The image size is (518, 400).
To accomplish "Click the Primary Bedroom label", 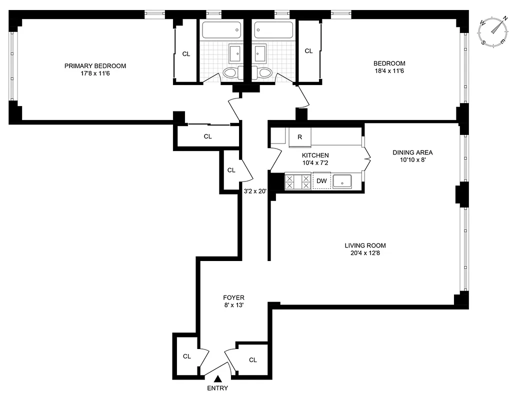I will (95, 66).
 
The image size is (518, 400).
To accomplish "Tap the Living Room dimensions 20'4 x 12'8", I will (365, 253).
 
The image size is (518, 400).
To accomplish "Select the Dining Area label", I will (412, 152).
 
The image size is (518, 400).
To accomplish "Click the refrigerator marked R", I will (299, 137).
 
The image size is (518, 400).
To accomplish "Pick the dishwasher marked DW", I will (321, 181).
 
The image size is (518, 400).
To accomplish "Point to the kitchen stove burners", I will (297, 181).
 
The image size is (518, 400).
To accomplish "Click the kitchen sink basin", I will (342, 181).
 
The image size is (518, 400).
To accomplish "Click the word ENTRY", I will (217, 388).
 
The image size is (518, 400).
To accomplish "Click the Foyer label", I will (234, 297).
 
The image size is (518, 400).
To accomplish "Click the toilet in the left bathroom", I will (229, 73).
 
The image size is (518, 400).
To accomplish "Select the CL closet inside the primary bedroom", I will (186, 54).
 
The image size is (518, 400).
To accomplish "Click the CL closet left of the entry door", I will (186, 356).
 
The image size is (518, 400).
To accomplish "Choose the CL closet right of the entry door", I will (252, 360).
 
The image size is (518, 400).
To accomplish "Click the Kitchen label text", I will (315, 155).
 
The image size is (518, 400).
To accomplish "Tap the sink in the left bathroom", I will (235, 52).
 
